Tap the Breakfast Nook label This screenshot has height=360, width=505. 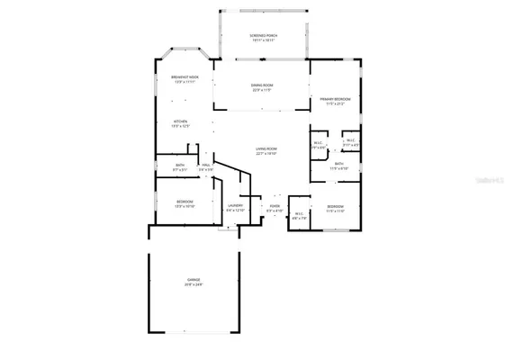(185, 77)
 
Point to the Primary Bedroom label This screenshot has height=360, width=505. (335, 98)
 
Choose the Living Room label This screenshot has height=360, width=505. (266, 148)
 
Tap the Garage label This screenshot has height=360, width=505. (194, 279)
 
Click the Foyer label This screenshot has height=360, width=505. (275, 206)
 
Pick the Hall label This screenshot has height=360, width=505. (205, 165)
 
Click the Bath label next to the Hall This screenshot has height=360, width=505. (180, 165)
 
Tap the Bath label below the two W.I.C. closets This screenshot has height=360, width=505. (339, 164)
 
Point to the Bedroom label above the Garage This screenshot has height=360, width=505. (185, 201)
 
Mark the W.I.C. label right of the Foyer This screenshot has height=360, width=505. (300, 213)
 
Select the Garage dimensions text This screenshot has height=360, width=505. (194, 284)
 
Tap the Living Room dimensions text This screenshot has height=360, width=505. (266, 154)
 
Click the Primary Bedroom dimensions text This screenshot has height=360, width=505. (335, 103)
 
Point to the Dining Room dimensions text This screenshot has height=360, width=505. (262, 89)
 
